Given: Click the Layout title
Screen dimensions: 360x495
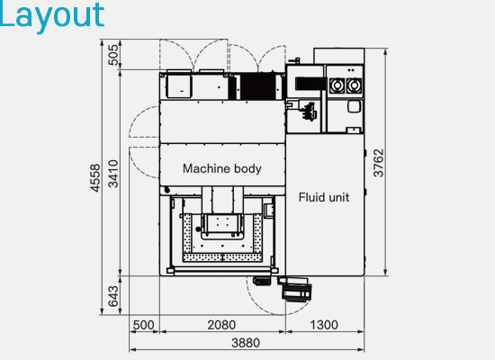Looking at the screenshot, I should point(52,15).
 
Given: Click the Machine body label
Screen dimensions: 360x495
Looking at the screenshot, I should point(222,168).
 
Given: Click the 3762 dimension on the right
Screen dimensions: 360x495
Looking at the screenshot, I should point(379,163).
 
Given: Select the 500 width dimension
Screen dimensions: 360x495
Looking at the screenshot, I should point(144,325).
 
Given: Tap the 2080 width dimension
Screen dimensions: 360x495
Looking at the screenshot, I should point(221,325).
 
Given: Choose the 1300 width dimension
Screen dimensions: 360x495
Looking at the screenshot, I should point(323,325).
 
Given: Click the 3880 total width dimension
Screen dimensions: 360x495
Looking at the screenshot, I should point(247,343).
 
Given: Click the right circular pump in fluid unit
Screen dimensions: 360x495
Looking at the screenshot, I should point(354,85).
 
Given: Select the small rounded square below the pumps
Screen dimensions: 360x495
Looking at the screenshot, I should point(353,106).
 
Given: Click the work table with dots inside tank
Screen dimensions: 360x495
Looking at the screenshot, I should point(221,238).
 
